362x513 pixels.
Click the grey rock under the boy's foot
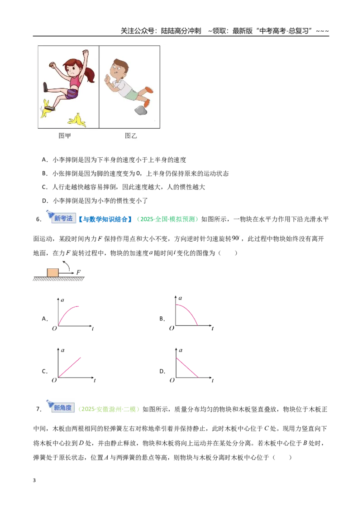(x=141, y=110)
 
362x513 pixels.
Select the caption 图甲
(x=65, y=136)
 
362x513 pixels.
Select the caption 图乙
(x=131, y=136)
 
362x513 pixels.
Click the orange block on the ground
(x=52, y=272)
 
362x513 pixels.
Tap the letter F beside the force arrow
(x=78, y=272)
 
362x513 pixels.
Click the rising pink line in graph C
(x=70, y=368)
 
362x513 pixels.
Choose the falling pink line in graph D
(x=187, y=368)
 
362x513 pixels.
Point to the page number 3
(x=34, y=480)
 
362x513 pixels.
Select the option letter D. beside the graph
(x=162, y=371)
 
